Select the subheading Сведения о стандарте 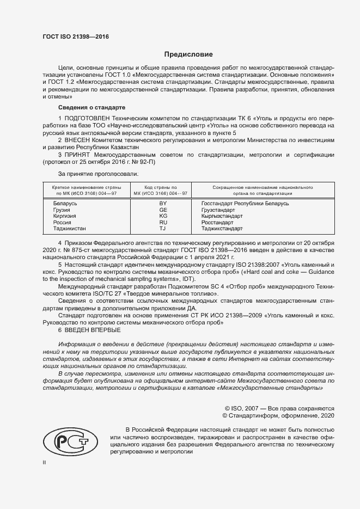coord(92,108)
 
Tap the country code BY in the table coord(163,203)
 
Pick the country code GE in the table coord(163,210)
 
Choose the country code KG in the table coord(163,216)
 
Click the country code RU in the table coord(163,222)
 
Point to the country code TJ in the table coord(163,229)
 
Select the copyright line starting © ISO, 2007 coord(279,408)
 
